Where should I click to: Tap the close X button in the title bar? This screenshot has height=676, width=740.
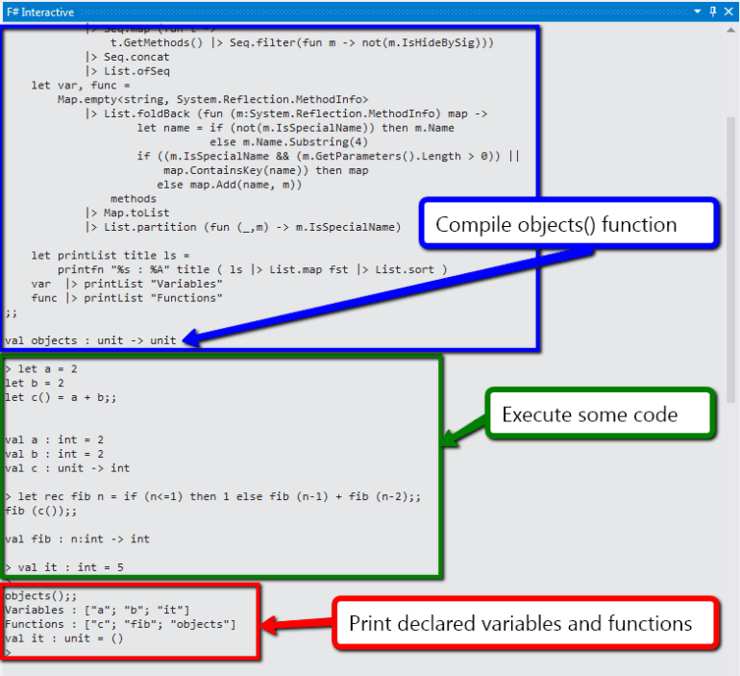[x=728, y=11]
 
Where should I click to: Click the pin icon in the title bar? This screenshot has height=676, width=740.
[x=712, y=11]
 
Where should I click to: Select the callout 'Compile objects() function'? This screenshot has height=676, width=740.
[x=556, y=225]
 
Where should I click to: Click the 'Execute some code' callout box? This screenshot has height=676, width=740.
[x=589, y=415]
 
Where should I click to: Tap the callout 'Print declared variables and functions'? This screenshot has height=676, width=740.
[x=520, y=623]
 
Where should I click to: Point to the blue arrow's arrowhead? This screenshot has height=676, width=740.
[x=189, y=338]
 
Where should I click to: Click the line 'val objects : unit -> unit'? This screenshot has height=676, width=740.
[x=90, y=340]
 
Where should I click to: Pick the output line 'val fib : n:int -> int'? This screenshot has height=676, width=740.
[x=77, y=538]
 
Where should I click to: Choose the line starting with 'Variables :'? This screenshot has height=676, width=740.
[x=97, y=610]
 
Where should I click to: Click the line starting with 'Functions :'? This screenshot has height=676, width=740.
[x=119, y=624]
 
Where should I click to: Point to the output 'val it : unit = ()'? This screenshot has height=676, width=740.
[x=63, y=638]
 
